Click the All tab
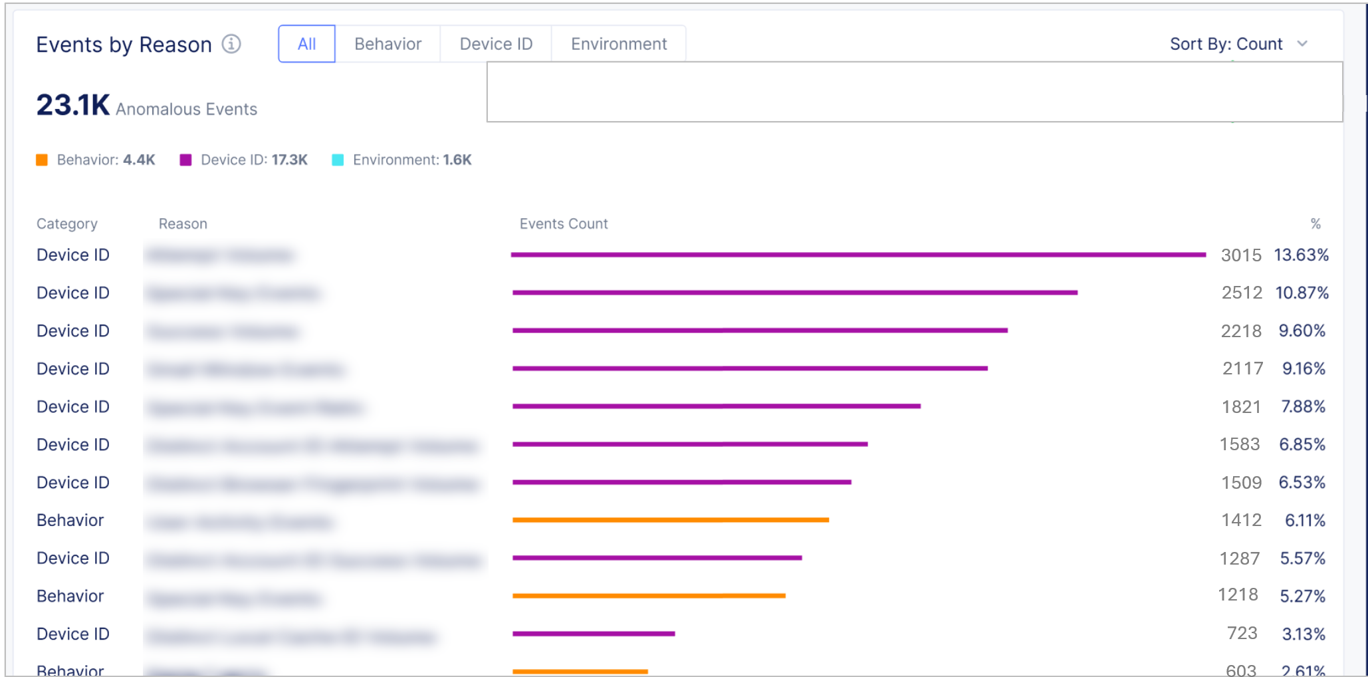tap(306, 44)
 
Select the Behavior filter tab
tap(388, 44)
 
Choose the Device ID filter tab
tap(496, 44)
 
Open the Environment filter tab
tap(618, 44)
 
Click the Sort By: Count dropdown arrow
tap(1302, 44)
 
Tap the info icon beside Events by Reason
tap(231, 44)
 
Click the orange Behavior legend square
tap(42, 160)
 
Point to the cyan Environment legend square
tap(338, 160)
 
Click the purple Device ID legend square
tap(185, 160)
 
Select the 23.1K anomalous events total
tap(73, 105)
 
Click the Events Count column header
tap(563, 224)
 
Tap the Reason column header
tap(183, 224)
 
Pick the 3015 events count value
tap(1240, 255)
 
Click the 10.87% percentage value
tap(1302, 293)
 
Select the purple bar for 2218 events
tap(760, 331)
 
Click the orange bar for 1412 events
tap(670, 520)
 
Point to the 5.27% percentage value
tap(1302, 597)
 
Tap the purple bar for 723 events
tap(594, 634)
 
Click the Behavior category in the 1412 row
tap(70, 521)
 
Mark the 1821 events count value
tap(1240, 407)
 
